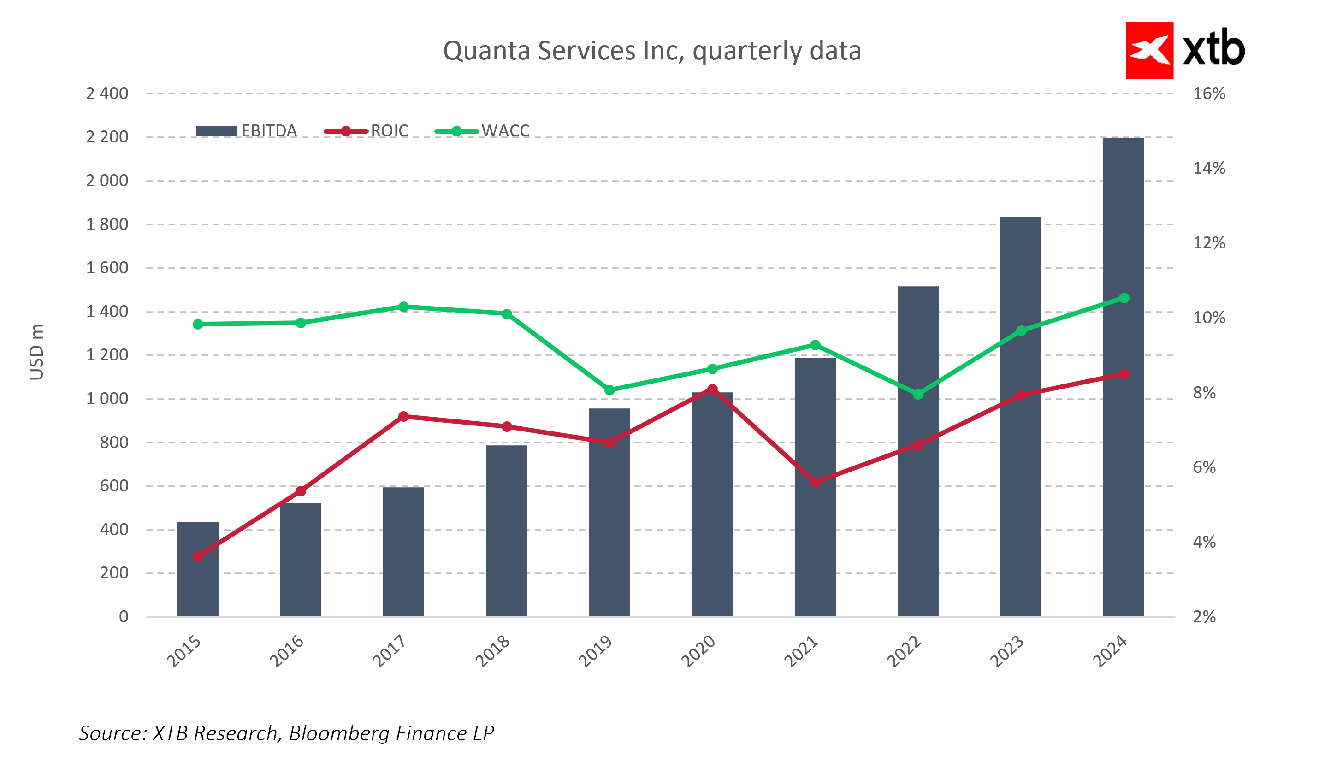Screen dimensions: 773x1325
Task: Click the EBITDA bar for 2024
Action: tap(1124, 378)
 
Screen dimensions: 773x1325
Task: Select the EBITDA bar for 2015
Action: tap(198, 571)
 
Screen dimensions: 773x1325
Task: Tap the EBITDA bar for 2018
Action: tap(506, 531)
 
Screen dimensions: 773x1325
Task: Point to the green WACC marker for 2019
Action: tap(609, 390)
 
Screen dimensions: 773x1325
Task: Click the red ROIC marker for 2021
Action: tap(815, 482)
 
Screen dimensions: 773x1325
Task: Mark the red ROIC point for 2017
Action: tap(403, 417)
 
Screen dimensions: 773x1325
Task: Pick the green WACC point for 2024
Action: tap(1124, 298)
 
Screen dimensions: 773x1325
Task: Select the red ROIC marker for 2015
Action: tap(198, 556)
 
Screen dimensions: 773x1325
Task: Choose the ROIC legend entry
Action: tap(367, 131)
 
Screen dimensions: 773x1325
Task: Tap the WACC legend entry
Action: tap(482, 131)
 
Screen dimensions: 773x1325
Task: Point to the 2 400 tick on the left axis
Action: tap(107, 94)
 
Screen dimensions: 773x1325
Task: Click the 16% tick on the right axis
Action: tap(1209, 94)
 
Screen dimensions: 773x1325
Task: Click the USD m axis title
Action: tap(36, 352)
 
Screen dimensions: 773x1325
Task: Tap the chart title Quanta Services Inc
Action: tap(652, 51)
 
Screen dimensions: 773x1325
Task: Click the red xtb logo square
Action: tap(1149, 51)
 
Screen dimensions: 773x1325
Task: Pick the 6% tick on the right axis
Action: tap(1204, 467)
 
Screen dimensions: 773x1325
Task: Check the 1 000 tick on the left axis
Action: tap(107, 399)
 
